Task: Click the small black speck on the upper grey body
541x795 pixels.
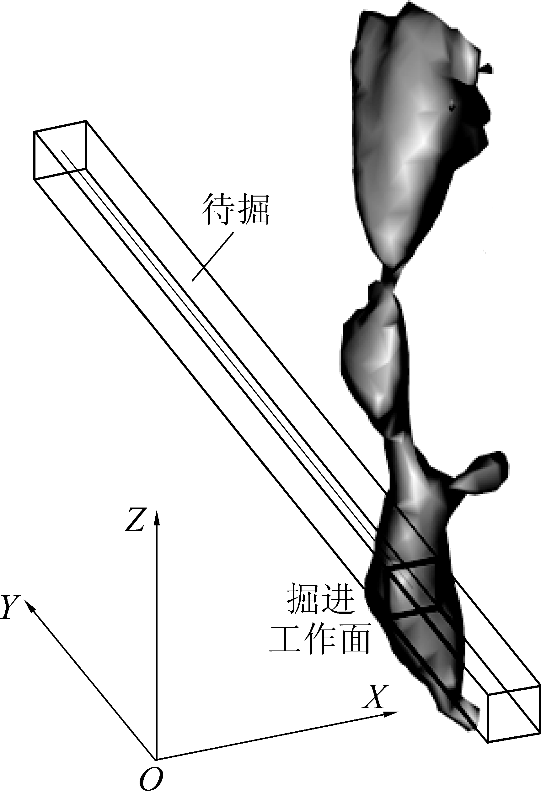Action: coord(452,108)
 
